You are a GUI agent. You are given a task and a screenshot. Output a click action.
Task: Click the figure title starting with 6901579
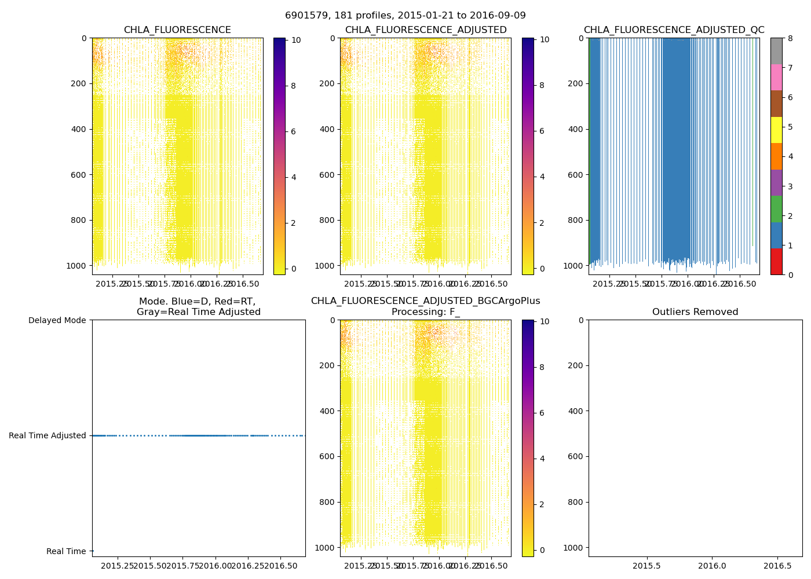point(405,16)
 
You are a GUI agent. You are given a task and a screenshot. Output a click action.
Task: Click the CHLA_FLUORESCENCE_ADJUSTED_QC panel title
point(674,30)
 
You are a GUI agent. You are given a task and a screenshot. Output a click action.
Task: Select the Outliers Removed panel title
point(695,312)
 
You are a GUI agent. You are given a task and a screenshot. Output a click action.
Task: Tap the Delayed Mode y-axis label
point(57,320)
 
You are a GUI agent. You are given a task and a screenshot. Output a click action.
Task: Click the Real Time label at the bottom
point(66,551)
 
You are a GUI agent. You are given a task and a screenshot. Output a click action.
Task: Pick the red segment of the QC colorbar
point(776,261)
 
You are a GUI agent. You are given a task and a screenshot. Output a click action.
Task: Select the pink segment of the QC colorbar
point(776,77)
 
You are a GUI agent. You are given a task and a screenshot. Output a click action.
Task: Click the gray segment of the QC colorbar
point(776,51)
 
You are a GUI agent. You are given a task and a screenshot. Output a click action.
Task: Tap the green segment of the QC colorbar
point(776,208)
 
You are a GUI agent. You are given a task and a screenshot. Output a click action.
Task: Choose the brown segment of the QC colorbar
point(776,104)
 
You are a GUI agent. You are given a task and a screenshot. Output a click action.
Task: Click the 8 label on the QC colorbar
point(790,38)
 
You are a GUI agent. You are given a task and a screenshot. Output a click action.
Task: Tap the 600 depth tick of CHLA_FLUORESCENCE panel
point(79,175)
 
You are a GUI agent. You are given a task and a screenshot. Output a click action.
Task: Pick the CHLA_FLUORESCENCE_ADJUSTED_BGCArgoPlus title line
point(425,301)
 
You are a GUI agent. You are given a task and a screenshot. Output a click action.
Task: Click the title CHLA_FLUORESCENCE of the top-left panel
point(177,30)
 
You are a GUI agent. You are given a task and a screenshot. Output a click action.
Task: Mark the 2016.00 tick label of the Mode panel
point(215,565)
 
